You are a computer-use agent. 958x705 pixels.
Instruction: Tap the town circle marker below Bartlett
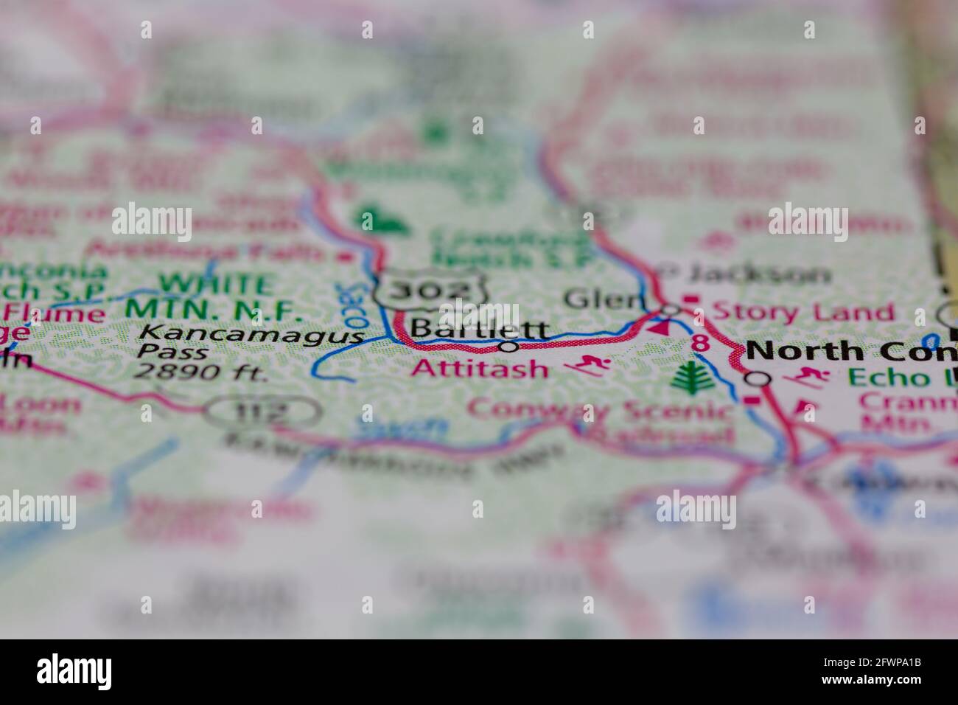point(508,346)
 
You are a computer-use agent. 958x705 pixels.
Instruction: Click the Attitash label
point(480,367)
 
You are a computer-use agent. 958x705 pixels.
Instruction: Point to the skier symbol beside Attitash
point(589,364)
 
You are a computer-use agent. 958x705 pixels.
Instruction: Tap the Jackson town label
point(758,275)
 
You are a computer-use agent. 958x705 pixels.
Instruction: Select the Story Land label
point(803,311)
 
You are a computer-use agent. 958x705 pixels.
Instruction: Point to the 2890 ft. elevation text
point(200,372)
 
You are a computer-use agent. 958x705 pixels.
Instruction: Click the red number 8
point(701,343)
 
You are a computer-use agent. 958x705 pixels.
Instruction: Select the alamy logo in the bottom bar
point(74,672)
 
